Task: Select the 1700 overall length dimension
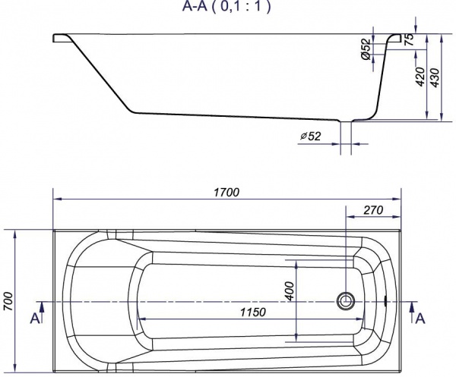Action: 226,193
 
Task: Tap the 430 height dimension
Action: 435,77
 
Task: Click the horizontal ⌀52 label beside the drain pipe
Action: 310,136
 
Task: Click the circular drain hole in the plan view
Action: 346,300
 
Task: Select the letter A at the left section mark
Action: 35,319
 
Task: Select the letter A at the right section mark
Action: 419,319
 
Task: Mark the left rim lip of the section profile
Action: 63,38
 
